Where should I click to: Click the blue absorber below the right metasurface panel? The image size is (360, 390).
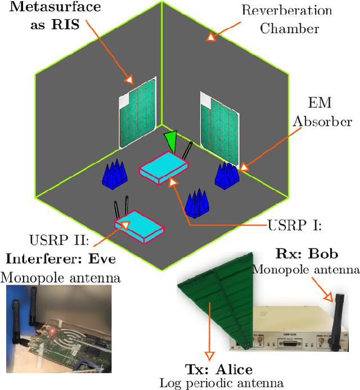tap(227, 175)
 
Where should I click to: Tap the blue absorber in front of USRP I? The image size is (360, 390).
tap(197, 203)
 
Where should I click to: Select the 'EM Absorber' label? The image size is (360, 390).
tap(329, 112)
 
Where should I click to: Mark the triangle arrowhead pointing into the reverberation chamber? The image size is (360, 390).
tap(210, 37)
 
